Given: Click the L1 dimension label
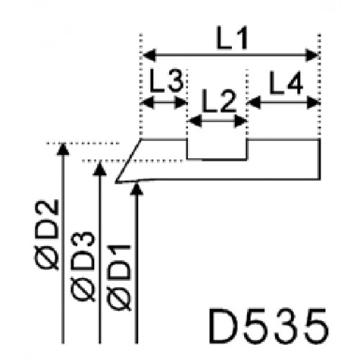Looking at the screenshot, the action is tap(232, 38).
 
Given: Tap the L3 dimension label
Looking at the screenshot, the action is tap(167, 81).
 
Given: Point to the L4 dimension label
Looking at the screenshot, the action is tap(286, 83).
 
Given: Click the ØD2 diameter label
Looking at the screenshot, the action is tap(47, 235).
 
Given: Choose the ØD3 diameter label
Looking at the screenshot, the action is tap(83, 266).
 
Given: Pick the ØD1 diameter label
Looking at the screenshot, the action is tap(120, 278).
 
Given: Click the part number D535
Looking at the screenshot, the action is tap(269, 326).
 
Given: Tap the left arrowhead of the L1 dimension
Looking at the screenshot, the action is tap(150, 55).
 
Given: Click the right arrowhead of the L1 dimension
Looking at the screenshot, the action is tap(312, 55).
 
